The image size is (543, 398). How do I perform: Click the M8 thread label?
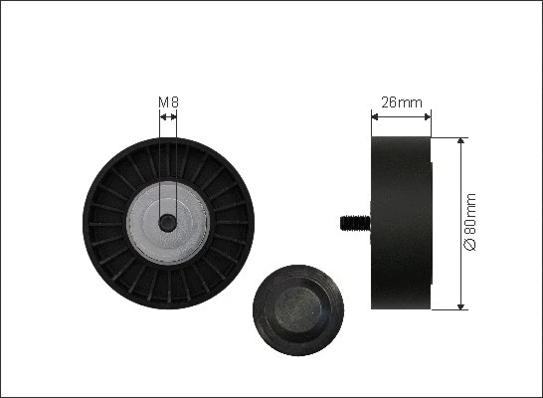(168, 101)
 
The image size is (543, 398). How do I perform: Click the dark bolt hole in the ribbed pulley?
(168, 222)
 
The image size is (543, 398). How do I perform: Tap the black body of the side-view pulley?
(401, 222)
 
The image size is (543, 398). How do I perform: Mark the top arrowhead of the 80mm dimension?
(460, 142)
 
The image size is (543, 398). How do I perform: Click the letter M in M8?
(164, 101)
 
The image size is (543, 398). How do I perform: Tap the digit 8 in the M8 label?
(174, 101)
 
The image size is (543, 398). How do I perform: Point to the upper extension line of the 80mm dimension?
(450, 136)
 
